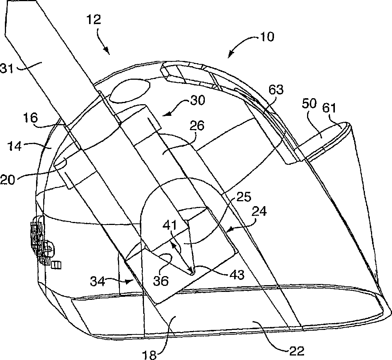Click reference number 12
tap(94, 19)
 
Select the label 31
tap(9, 68)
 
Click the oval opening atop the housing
tap(130, 90)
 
